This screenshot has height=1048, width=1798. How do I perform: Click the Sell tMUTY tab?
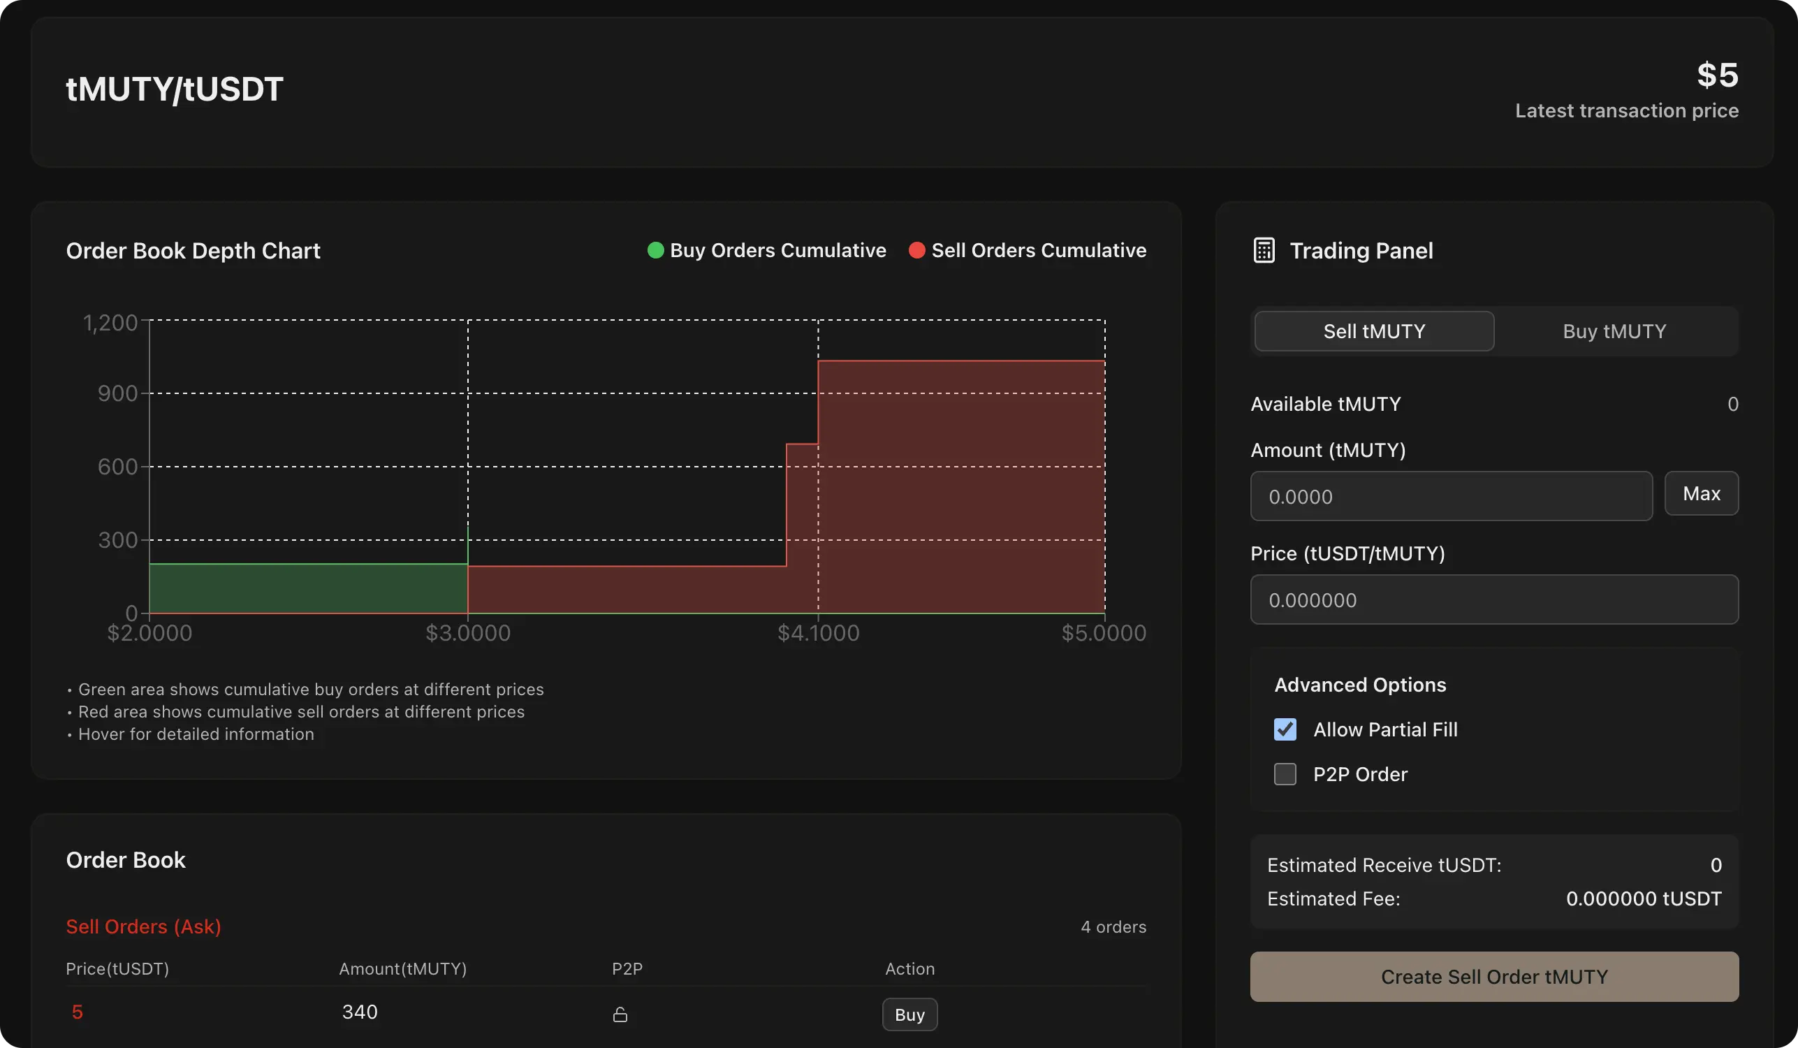1373,331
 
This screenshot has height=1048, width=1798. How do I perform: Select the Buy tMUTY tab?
1614,331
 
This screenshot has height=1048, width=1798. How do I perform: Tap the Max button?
1701,493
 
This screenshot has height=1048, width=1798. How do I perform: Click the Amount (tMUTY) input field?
1451,496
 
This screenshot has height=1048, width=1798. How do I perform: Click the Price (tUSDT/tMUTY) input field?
1493,599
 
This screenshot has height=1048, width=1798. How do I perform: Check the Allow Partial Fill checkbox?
1285,729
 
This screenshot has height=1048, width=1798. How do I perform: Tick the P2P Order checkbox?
1285,774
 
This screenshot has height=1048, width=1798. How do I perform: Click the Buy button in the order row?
909,1014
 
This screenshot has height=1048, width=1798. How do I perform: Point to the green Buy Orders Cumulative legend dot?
655,250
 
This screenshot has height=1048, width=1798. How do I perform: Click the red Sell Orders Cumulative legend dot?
916,250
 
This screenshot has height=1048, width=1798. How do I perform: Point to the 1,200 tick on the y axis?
110,323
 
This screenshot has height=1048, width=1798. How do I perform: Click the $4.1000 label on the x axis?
818,633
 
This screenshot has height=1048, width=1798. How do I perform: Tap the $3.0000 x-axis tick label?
468,633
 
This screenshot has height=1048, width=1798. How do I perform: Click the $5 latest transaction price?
1717,75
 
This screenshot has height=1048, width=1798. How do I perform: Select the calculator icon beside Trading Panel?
1263,250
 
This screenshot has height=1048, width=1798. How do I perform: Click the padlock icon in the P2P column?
620,1014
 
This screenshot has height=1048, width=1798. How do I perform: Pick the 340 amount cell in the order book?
360,1012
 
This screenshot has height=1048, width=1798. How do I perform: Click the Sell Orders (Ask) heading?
143,926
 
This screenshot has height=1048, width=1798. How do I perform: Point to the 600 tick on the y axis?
118,467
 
